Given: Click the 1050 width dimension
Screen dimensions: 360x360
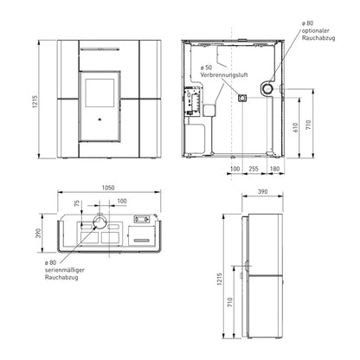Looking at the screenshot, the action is click(108, 188).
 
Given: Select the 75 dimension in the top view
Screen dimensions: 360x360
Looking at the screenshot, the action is click(77, 203).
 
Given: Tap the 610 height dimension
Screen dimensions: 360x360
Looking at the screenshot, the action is click(295, 127).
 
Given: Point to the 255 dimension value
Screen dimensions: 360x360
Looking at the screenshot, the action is click(254, 169).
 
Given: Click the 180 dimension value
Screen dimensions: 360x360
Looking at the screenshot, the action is click(274, 169).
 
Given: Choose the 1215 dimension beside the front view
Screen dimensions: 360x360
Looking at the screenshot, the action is click(35, 101).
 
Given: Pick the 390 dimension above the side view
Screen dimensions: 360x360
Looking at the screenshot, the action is click(262, 191).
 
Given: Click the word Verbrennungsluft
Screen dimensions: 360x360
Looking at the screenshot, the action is click(224, 75).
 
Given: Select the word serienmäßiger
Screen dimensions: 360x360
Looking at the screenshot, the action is click(65, 270).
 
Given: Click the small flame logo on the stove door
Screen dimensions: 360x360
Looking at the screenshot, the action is click(99, 119).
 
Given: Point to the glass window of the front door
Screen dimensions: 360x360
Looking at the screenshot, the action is click(100, 93).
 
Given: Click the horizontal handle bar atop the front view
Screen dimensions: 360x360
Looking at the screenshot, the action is click(100, 49).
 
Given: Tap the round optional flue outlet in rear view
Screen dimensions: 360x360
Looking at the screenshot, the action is click(267, 89).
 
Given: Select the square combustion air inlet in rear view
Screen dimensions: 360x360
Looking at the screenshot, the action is click(241, 98).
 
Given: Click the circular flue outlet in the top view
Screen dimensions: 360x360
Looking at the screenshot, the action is click(100, 223).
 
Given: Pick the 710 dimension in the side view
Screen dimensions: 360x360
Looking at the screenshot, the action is click(230, 302).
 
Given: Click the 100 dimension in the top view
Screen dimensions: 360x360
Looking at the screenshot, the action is click(122, 201).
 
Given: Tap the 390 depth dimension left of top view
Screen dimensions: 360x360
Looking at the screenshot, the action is click(38, 233).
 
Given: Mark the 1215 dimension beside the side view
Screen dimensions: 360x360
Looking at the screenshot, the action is click(220, 279).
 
